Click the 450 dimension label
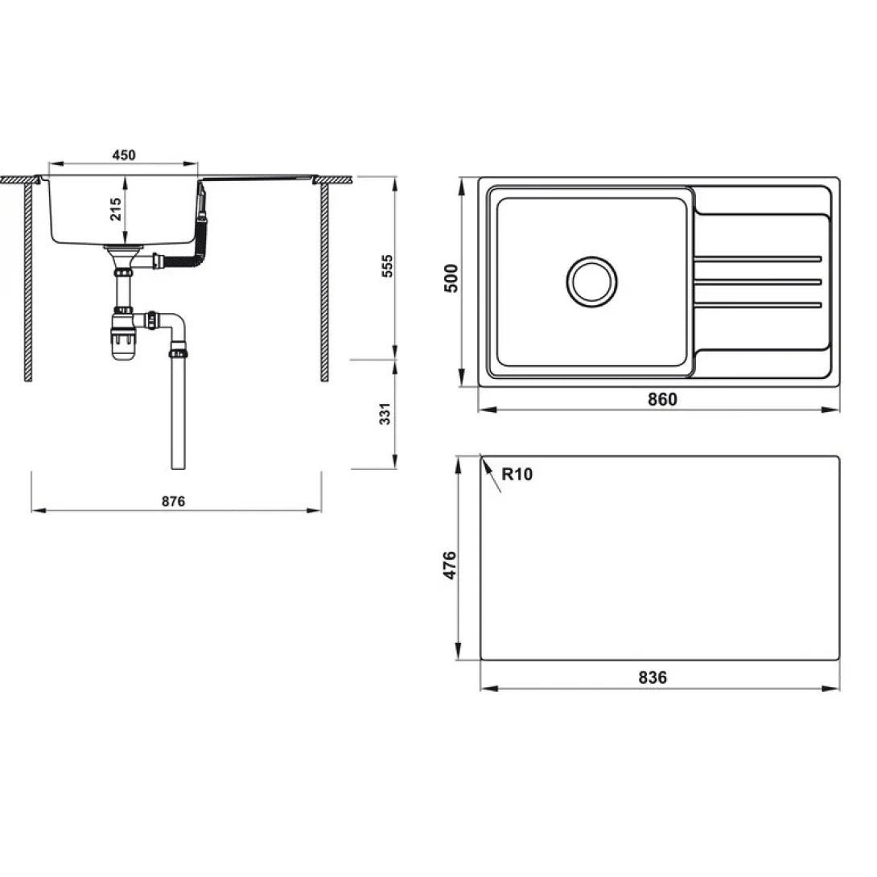pos(124,155)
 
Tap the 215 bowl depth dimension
pos(116,208)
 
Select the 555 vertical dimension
pos(387,266)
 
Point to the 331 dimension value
pos(385,414)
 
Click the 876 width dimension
pos(173,502)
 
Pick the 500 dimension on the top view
pos(451,278)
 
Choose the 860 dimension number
pos(662,399)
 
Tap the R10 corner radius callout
pos(517,474)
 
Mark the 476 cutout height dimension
pos(450,565)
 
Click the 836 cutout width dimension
pos(653,678)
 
